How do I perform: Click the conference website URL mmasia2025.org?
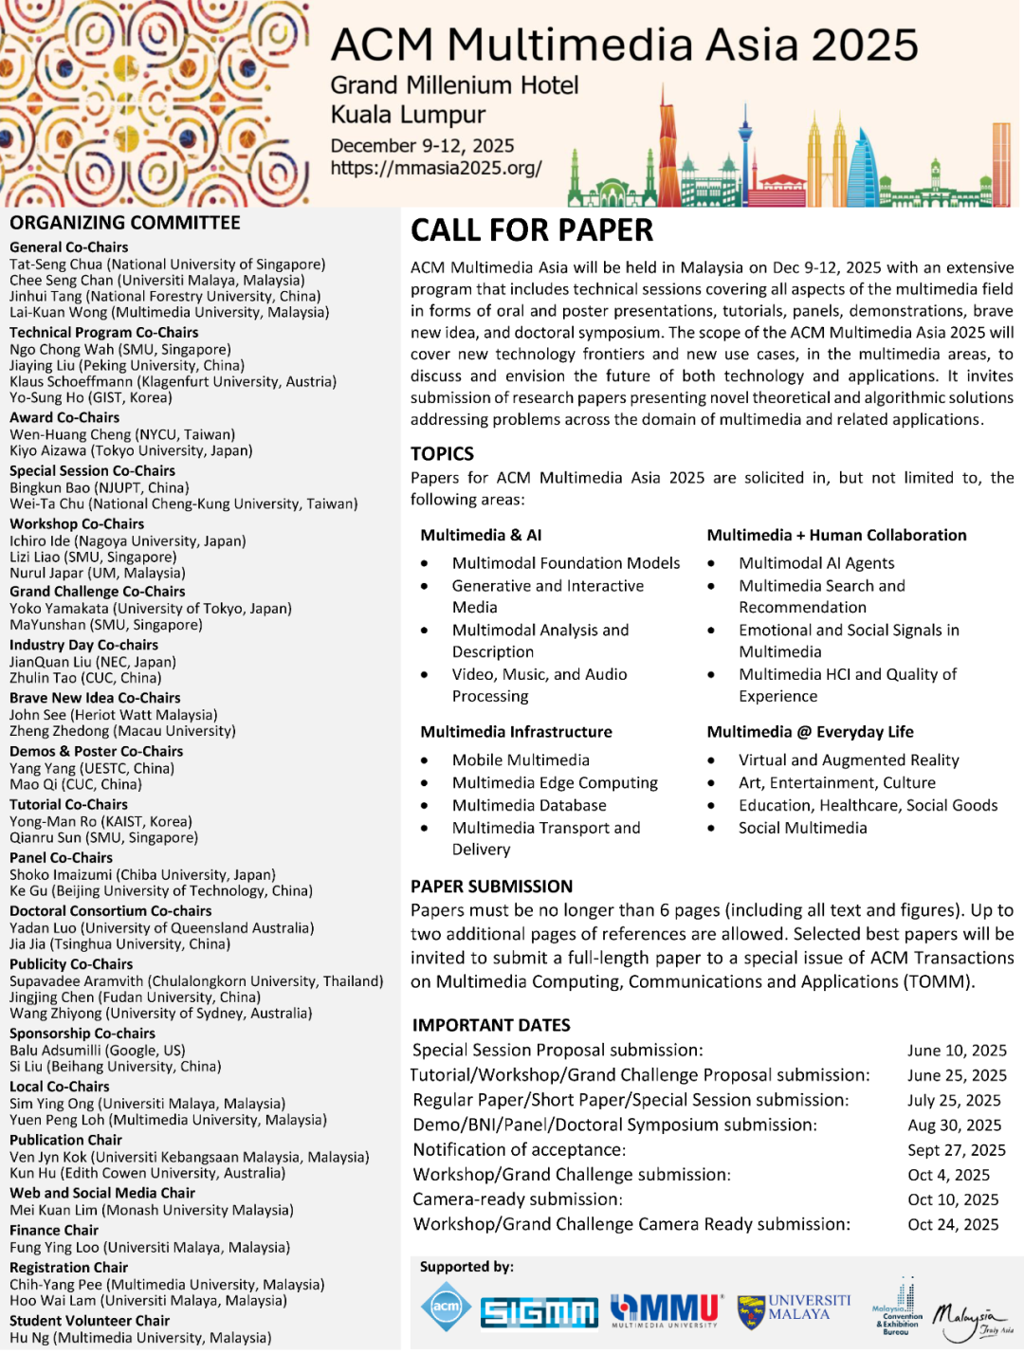pos(436,169)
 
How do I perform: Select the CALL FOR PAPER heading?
pos(532,230)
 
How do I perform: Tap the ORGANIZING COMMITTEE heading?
pos(125,223)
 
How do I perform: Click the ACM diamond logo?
pos(446,1307)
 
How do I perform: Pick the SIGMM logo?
pos(539,1311)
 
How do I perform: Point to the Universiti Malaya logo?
pos(795,1309)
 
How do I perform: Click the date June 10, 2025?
pos(957,1051)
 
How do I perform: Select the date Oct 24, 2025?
pos(953,1225)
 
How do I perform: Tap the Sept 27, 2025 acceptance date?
pos(957,1150)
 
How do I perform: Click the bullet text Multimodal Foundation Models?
pos(566,563)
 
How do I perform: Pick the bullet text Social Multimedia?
pos(803,828)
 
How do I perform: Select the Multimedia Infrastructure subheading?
pos(517,732)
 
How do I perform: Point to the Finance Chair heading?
pos(54,1231)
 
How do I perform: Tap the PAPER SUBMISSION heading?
pos(491,887)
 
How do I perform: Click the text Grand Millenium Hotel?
pos(454,85)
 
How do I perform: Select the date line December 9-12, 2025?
pos(422,146)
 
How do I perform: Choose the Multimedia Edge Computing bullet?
pos(555,783)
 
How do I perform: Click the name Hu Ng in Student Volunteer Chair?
pos(29,1338)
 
